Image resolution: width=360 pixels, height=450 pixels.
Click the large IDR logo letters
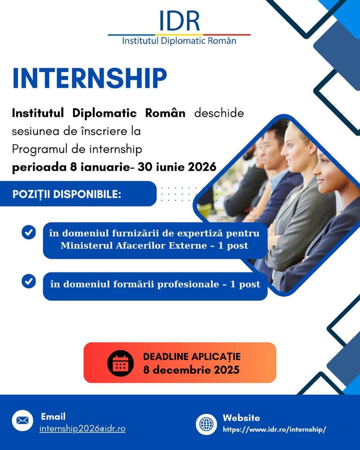[179, 21]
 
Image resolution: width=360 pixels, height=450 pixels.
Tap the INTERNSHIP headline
[89, 78]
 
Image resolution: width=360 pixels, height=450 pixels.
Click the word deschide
[219, 113]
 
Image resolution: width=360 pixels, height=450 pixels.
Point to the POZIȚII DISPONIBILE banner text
[67, 194]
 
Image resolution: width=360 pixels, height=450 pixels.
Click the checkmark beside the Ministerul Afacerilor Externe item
[29, 232]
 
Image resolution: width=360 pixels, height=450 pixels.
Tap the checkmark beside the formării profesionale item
[29, 281]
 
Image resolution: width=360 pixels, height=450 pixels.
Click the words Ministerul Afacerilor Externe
[134, 246]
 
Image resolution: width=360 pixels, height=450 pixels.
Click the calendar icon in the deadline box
[120, 363]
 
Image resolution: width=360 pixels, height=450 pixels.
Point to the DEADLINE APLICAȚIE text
[192, 357]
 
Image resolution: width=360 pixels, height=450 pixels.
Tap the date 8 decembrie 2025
[192, 370]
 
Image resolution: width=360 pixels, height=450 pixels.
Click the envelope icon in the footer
[22, 420]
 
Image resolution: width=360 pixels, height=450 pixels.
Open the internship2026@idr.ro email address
[83, 429]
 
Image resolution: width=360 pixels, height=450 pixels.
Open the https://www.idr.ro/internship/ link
[274, 429]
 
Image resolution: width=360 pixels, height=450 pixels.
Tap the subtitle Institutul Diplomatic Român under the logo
[179, 41]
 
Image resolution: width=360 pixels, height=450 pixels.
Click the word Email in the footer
[53, 416]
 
